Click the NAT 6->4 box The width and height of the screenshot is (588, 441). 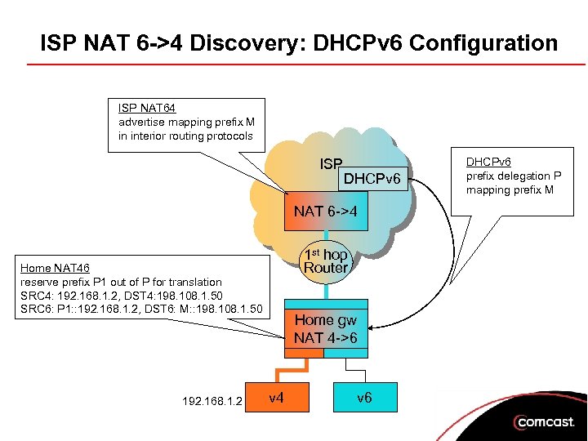[x=326, y=212]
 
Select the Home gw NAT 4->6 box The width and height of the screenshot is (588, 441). [x=325, y=328]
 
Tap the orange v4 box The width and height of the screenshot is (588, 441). [x=277, y=398]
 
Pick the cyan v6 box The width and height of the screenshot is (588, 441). [x=365, y=397]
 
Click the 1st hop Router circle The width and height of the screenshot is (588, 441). [x=326, y=261]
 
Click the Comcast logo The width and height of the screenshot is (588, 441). [x=546, y=421]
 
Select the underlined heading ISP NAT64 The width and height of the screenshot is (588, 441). [x=146, y=108]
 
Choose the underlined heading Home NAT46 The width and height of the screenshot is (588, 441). [x=56, y=268]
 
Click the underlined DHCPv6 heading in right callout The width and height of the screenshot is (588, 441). [x=488, y=162]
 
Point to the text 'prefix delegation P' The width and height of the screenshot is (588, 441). [x=514, y=176]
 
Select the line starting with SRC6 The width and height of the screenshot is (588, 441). [x=140, y=308]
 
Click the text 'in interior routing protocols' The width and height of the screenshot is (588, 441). [x=185, y=136]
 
